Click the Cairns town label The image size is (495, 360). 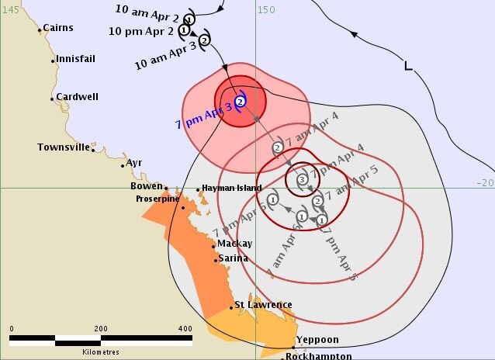click(58, 28)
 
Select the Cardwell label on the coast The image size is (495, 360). click(77, 97)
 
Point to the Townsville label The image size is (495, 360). click(64, 147)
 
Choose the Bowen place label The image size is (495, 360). click(147, 186)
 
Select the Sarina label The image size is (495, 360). click(233, 258)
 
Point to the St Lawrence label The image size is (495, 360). click(264, 305)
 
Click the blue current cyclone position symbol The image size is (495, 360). click(241, 102)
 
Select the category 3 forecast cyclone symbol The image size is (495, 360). click(302, 180)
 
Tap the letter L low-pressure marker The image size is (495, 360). click(408, 67)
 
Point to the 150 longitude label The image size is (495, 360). click(267, 10)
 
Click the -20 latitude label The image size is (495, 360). click(485, 182)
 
